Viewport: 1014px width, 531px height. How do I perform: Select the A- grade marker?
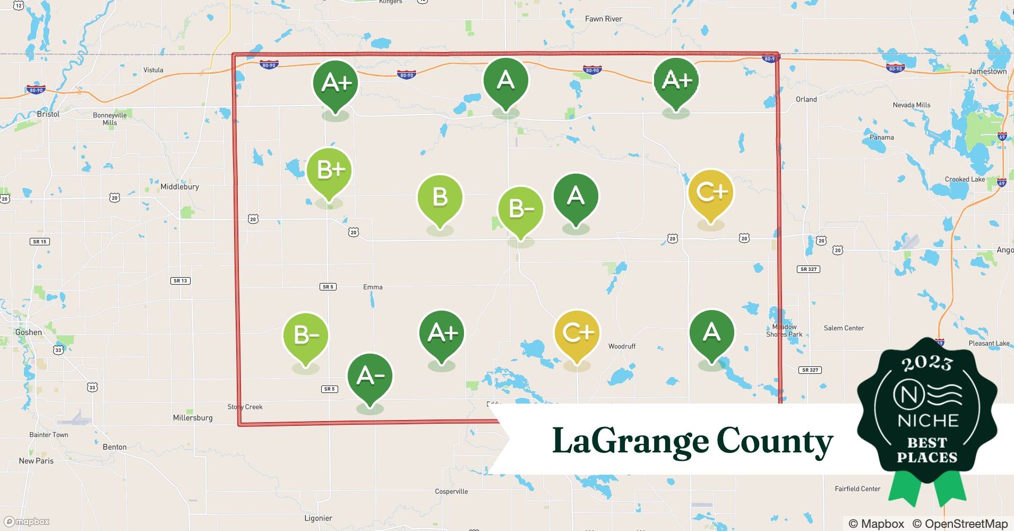[x=369, y=376]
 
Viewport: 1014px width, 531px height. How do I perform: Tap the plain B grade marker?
[x=440, y=197]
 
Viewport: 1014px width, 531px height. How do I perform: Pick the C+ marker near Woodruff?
[x=577, y=333]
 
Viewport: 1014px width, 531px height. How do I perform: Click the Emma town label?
[x=373, y=287]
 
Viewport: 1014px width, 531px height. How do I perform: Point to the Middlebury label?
[x=179, y=187]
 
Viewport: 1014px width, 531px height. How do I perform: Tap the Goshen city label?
[x=29, y=332]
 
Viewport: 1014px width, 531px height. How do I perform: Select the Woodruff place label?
[x=622, y=346]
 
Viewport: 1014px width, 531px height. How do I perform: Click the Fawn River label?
[x=603, y=19]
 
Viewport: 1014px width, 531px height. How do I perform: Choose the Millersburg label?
[x=193, y=418]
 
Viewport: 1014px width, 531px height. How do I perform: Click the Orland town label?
[x=806, y=99]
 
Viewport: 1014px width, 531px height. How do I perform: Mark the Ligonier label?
[x=318, y=518]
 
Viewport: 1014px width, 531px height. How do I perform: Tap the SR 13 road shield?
[x=181, y=280]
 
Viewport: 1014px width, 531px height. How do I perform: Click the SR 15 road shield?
[x=39, y=242]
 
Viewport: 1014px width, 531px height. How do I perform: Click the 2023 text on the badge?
[x=927, y=363]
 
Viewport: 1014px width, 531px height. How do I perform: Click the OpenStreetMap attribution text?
[x=960, y=524]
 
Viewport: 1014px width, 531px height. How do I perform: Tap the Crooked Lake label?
[x=965, y=179]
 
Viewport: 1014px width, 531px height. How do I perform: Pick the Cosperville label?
[x=451, y=491]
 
